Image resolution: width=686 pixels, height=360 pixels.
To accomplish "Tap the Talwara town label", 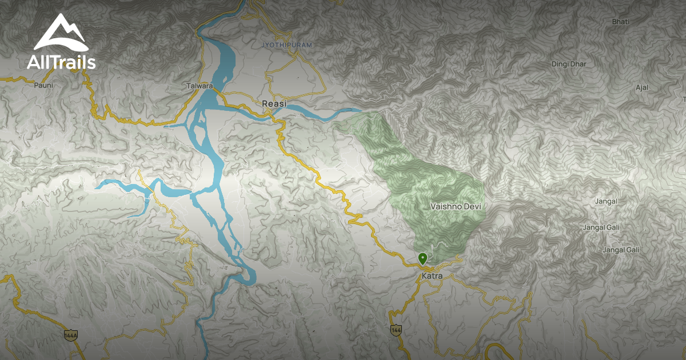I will point(200,86).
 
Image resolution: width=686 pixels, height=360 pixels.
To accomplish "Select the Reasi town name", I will point(274,104).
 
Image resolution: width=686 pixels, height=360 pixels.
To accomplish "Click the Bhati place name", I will point(620,22).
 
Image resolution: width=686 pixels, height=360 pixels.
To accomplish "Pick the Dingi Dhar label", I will point(569,64).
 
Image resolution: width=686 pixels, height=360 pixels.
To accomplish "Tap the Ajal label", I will point(642,87).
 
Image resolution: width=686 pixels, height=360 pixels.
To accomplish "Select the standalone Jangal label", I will point(606,201).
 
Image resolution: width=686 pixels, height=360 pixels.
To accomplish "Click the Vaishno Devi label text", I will point(456,206).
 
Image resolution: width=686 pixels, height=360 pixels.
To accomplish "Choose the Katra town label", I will point(432,276).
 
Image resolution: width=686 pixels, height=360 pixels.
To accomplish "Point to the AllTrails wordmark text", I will point(61,62).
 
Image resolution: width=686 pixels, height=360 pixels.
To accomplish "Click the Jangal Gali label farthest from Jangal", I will point(621,250).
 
